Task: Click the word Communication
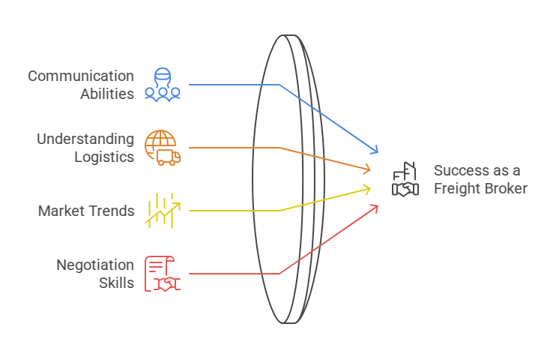coord(81,76)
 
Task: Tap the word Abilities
coord(107,94)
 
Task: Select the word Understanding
coord(85,139)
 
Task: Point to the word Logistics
coord(104,157)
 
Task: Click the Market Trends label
coord(86,211)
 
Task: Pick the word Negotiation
coord(95,265)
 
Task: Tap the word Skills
coord(116,283)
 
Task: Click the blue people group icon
coord(163,85)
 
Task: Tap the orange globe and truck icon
coord(163,148)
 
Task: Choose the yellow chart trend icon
coord(163,211)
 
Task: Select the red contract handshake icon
coord(163,274)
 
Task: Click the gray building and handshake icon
coord(405,179)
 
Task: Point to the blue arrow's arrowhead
coord(375,149)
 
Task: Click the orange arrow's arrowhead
coord(367,169)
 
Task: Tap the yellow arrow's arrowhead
coord(367,190)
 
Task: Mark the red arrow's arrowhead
coord(375,208)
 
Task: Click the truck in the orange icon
coord(169,157)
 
